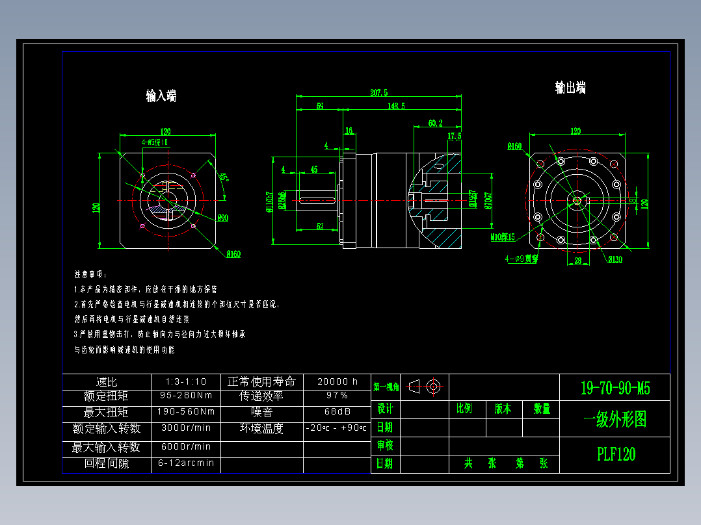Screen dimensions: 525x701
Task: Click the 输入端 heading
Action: coord(161,96)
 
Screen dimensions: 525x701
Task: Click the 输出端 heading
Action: coord(570,88)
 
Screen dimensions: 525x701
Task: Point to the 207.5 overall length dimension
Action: coord(378,93)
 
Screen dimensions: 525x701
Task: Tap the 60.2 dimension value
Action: coord(435,123)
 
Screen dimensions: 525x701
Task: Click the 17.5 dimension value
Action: coord(455,136)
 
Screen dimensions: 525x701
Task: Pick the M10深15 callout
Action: coord(502,237)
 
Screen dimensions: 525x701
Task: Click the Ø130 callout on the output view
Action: coord(615,260)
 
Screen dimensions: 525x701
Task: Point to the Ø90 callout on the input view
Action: coord(222,218)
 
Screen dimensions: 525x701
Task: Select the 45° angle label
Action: coord(223,177)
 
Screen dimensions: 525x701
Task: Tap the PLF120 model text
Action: coord(616,454)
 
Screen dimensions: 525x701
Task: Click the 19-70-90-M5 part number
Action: coord(615,389)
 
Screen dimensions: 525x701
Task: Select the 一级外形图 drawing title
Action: coord(615,420)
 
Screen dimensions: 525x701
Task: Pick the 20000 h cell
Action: coord(337,381)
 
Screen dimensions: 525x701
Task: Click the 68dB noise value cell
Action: coord(337,411)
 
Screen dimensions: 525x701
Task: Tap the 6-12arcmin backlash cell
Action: coord(186,463)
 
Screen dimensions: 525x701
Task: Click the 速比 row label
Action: coord(106,381)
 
